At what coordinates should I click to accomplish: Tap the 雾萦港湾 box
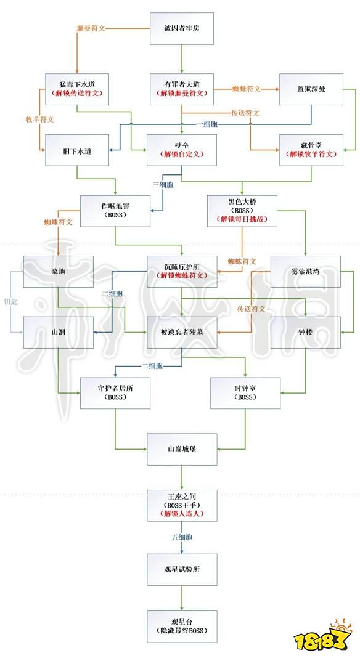coord(306,272)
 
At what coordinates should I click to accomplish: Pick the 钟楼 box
coord(306,333)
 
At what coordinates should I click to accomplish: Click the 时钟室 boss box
coord(246,393)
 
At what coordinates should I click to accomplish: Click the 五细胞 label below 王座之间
coord(183,537)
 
